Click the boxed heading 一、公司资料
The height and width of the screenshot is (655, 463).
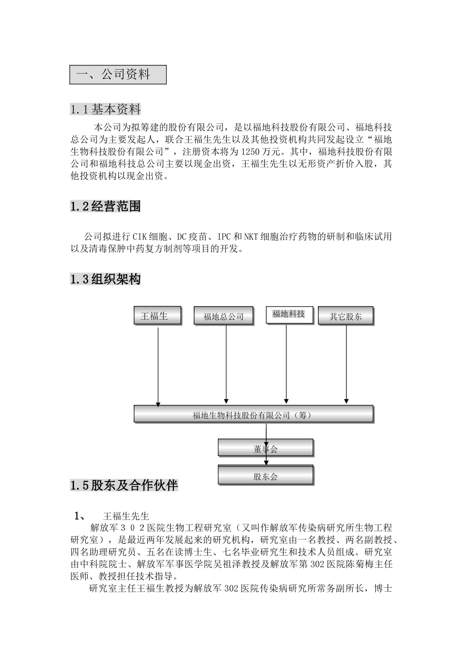click(x=117, y=75)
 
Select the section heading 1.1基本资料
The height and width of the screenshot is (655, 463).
click(x=105, y=109)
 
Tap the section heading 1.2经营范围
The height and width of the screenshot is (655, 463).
click(x=105, y=207)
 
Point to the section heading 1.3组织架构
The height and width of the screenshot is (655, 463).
click(x=105, y=279)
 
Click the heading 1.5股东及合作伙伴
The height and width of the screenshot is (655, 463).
click(x=124, y=485)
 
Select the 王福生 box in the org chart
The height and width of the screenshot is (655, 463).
click(x=157, y=316)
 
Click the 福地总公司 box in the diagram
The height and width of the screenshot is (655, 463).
click(x=224, y=316)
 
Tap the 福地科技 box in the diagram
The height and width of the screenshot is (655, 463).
click(x=289, y=314)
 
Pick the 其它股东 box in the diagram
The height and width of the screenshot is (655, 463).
click(x=345, y=316)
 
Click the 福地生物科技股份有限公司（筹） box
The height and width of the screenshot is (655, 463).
click(x=253, y=415)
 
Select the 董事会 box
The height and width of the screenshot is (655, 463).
click(x=266, y=448)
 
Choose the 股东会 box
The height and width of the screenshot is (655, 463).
click(x=266, y=476)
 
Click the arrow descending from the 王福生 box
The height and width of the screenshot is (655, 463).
click(x=157, y=366)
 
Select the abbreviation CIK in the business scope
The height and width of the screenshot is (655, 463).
click(x=140, y=237)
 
